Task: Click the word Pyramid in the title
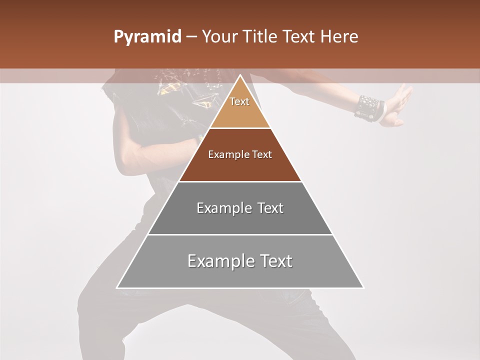tap(147, 37)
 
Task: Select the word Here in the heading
tap(339, 37)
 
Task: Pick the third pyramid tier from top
tap(240, 220)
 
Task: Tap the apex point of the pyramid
tap(240, 75)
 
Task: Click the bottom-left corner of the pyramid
tap(117, 287)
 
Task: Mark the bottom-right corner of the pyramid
tap(363, 287)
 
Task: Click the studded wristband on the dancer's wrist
tap(369, 108)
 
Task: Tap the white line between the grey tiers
tap(240, 234)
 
